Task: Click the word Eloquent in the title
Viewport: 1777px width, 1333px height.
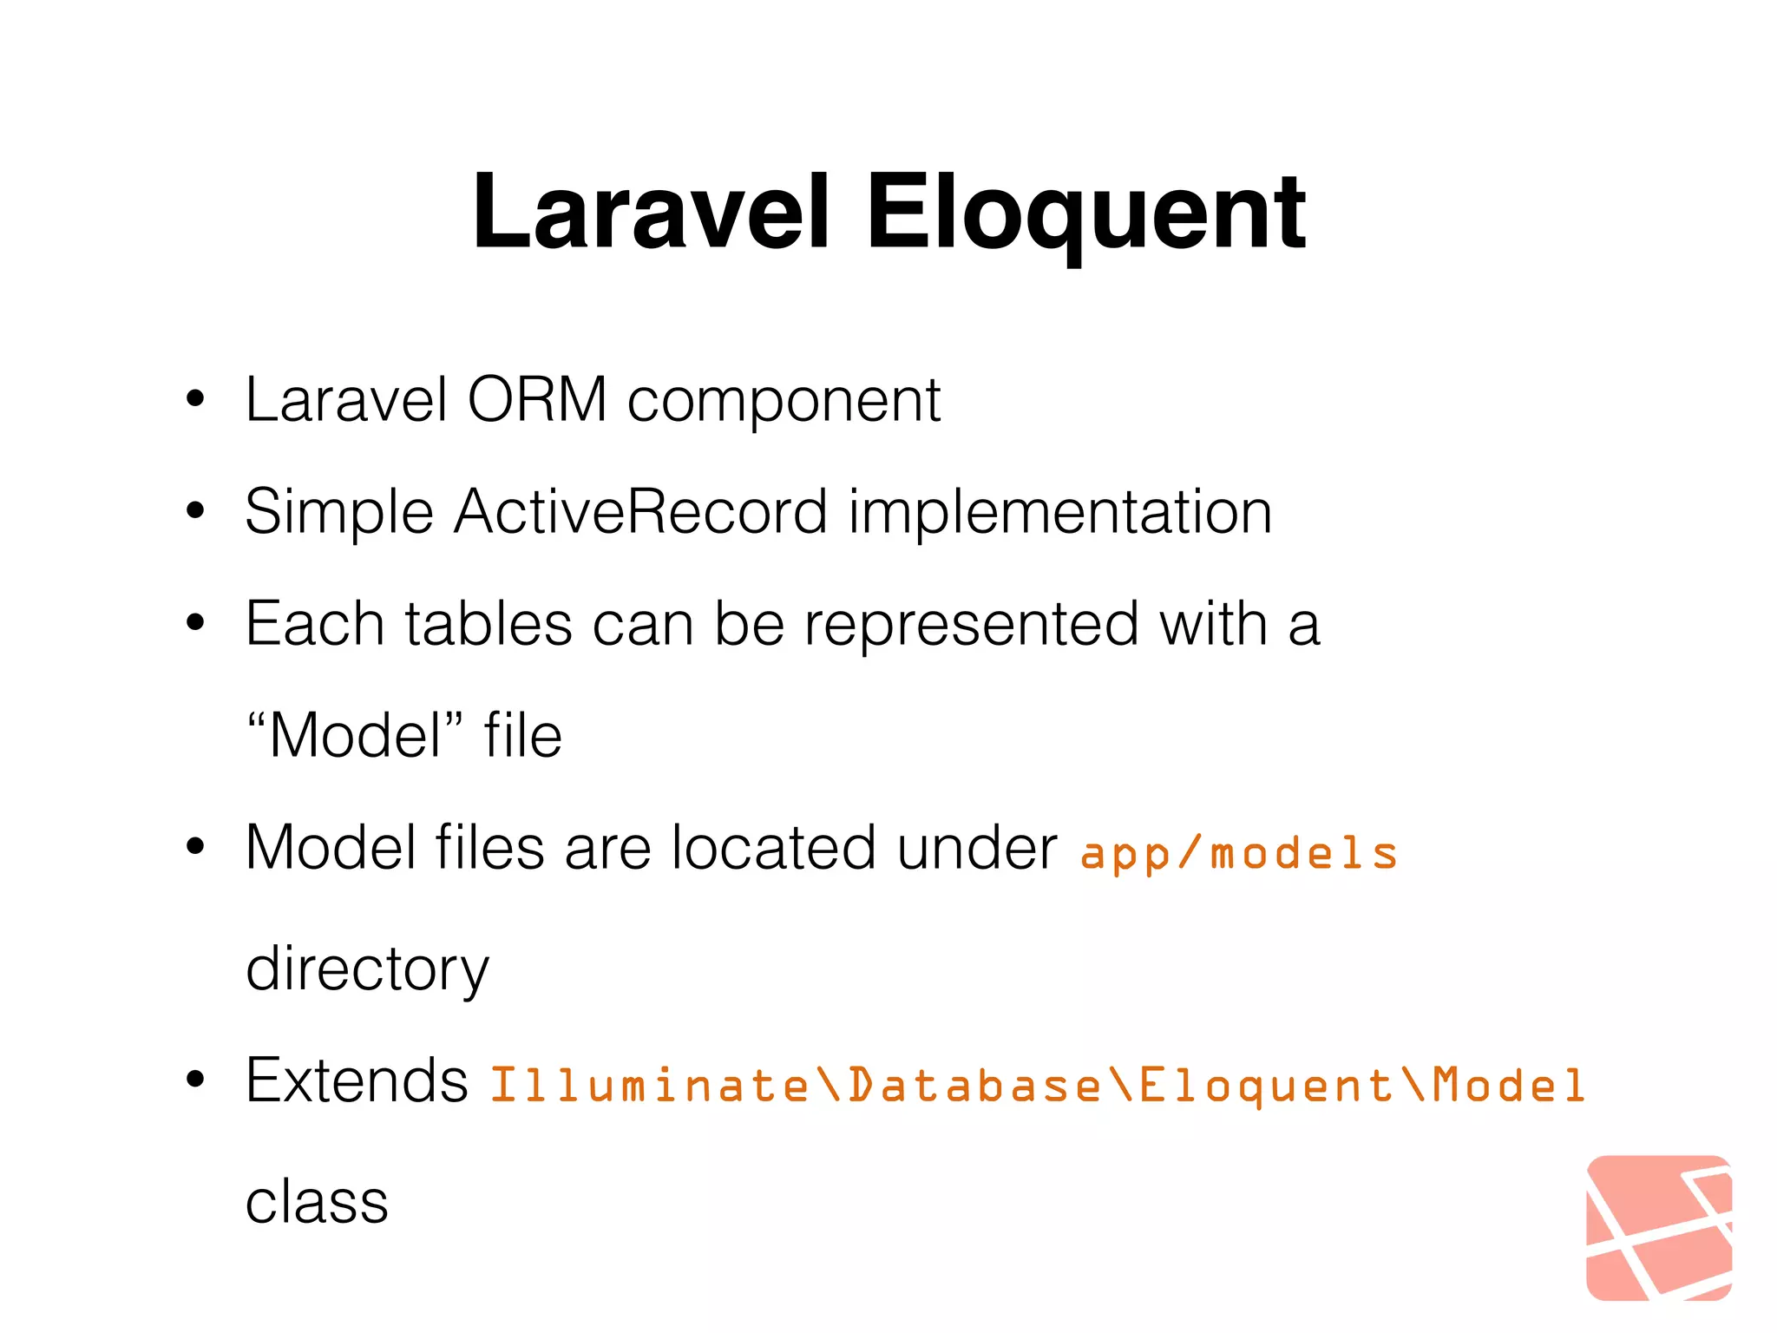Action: [1085, 213]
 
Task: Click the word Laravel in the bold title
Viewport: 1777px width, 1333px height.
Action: [651, 213]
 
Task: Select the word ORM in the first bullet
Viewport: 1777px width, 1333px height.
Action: [537, 400]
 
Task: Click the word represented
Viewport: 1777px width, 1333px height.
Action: [971, 625]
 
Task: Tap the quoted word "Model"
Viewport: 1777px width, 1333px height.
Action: [355, 735]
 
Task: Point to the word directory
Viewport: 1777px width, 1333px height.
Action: [367, 969]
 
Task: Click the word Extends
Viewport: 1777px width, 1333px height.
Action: [357, 1081]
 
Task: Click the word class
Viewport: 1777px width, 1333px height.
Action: [317, 1203]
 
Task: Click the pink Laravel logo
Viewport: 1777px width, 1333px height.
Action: [1658, 1227]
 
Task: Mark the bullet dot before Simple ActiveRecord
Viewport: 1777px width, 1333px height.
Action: [195, 511]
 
